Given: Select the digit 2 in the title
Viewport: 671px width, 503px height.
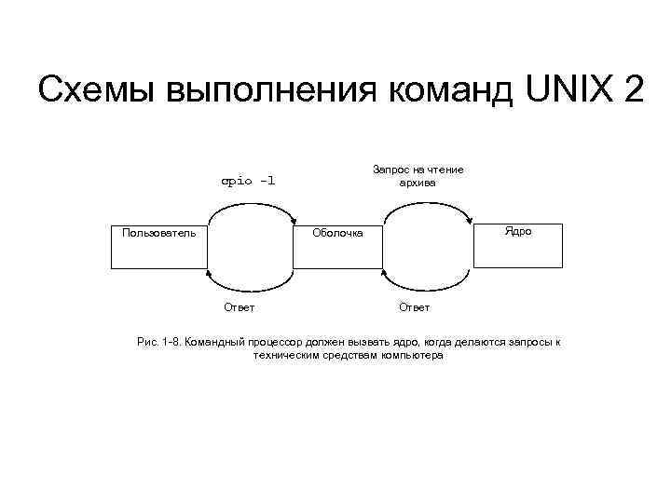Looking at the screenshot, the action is tap(634, 90).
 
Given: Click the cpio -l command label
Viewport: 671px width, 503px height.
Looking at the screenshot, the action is tap(248, 180).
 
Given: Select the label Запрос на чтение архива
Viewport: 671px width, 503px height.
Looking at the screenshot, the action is tap(418, 175).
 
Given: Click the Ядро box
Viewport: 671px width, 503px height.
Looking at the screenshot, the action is tap(518, 246).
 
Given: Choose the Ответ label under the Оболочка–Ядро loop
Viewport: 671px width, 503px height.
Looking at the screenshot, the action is tap(415, 306).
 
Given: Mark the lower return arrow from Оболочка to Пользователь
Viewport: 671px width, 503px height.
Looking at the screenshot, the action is tap(252, 287).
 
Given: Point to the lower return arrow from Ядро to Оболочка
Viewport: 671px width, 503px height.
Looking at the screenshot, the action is tap(426, 287).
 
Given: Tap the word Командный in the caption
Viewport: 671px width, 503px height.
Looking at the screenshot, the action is tap(213, 343).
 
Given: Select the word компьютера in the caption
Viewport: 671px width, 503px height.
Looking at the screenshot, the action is tap(412, 356).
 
